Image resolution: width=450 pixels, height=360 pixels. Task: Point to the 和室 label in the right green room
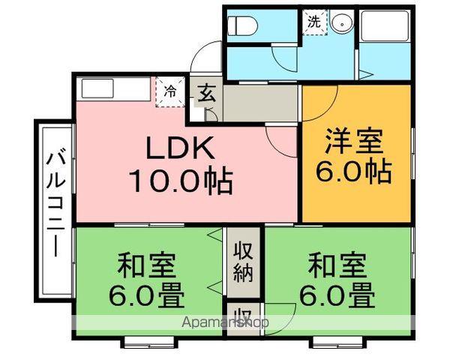[x=338, y=265]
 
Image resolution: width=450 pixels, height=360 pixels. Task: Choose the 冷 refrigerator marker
[x=171, y=91]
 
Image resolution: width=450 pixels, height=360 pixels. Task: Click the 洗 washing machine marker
[x=313, y=22]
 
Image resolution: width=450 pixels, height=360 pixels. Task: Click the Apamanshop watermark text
[x=225, y=323]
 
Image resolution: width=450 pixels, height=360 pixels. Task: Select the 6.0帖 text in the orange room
[x=357, y=172]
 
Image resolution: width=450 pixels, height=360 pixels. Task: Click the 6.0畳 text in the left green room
[x=150, y=296]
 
